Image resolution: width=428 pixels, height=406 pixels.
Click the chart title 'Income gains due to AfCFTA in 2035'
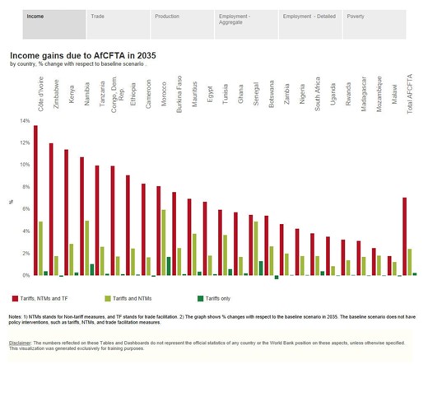pyautogui.click(x=83, y=54)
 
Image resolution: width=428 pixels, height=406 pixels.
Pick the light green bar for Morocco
pyautogui.click(x=164, y=242)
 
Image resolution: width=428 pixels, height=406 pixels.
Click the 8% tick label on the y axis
pyautogui.click(x=24, y=187)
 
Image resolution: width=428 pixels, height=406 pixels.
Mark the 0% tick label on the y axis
pyautogui.click(x=24, y=275)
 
